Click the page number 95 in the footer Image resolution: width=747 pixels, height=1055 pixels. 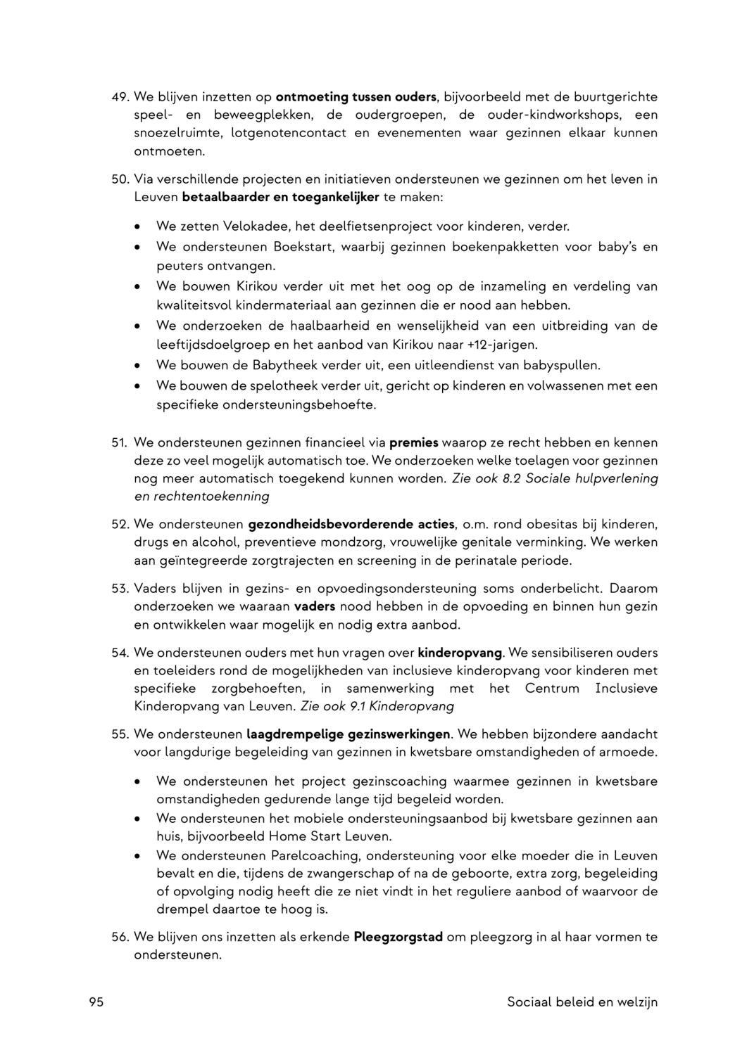(x=96, y=1002)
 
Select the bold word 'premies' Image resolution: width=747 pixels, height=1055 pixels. (x=414, y=443)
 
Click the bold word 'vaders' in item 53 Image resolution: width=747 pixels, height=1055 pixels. (x=314, y=606)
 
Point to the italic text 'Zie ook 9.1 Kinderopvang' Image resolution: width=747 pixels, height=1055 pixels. (x=377, y=706)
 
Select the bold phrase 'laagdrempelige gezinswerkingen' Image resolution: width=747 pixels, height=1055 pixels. (x=349, y=734)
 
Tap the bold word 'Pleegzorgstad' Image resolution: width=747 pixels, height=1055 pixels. (x=398, y=938)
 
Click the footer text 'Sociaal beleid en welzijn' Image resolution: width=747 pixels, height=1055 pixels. (x=582, y=1002)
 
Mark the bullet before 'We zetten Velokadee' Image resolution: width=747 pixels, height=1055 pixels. (x=138, y=227)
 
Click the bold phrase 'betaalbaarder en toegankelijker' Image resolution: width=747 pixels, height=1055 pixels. (x=280, y=197)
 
